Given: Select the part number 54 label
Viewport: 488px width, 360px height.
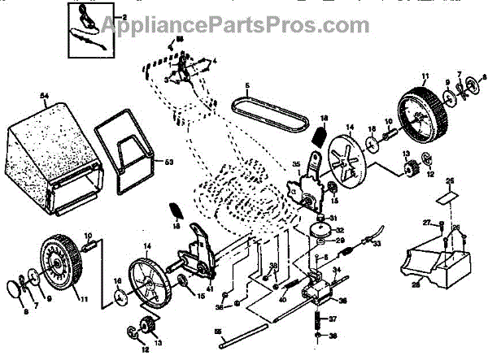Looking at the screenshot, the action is click(x=45, y=97).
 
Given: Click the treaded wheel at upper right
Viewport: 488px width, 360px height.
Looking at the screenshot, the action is click(x=422, y=114).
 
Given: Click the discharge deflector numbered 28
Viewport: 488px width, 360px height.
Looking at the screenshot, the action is click(x=436, y=260).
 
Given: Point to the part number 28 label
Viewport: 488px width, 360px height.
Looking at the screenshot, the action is click(x=416, y=285).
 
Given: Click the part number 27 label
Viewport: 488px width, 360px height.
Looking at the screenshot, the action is click(x=425, y=222).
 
